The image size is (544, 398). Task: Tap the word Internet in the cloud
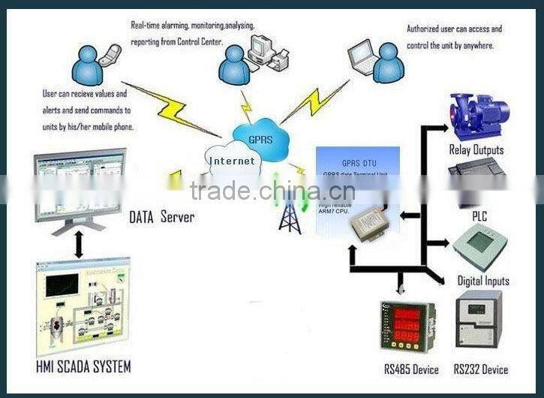pyautogui.click(x=232, y=161)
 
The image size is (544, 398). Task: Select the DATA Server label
pyautogui.click(x=162, y=218)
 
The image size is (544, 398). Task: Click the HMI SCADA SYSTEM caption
pyautogui.click(x=83, y=367)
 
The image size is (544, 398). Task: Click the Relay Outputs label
pyautogui.click(x=476, y=149)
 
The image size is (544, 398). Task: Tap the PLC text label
pyautogui.click(x=479, y=216)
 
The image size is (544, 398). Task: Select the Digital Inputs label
pyautogui.click(x=483, y=281)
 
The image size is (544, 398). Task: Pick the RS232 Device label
pyautogui.click(x=480, y=369)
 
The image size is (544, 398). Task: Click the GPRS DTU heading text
pyautogui.click(x=357, y=162)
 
